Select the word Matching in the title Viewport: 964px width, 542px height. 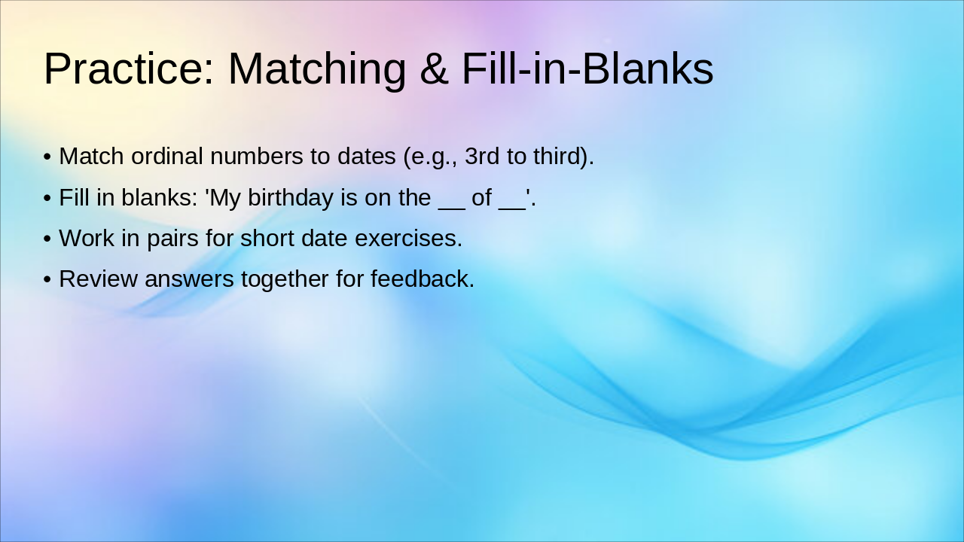point(316,69)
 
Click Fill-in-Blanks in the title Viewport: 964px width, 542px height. point(587,69)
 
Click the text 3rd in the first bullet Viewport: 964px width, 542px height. point(482,157)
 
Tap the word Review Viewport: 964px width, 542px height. point(99,279)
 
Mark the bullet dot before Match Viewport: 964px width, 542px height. point(47,157)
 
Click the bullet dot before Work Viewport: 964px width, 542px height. point(47,239)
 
